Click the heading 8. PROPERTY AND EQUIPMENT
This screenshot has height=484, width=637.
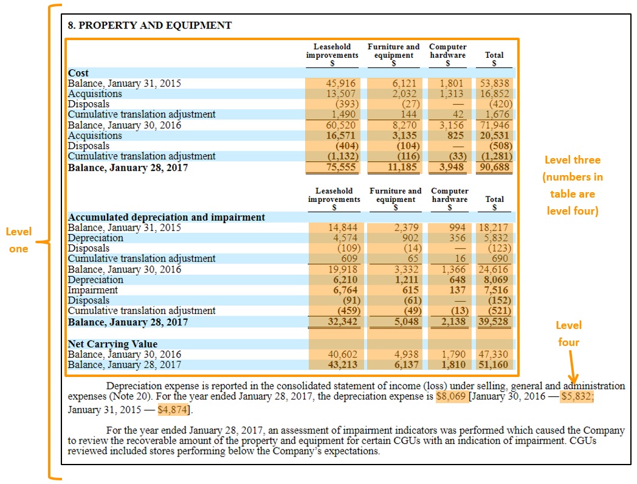point(150,26)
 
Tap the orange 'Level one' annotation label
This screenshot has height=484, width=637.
point(19,240)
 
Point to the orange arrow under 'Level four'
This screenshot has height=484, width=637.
point(573,368)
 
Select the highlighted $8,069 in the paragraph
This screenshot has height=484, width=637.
point(451,396)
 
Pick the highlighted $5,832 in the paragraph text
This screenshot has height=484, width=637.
point(577,396)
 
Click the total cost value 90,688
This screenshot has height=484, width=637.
point(495,167)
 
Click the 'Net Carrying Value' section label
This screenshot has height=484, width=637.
point(112,344)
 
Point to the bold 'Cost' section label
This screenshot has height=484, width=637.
point(78,73)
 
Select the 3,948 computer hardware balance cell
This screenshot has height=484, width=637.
point(451,167)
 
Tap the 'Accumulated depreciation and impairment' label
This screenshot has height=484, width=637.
point(167,217)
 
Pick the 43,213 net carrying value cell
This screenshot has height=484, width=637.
point(343,365)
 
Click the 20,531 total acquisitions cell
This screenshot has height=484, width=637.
point(495,136)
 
